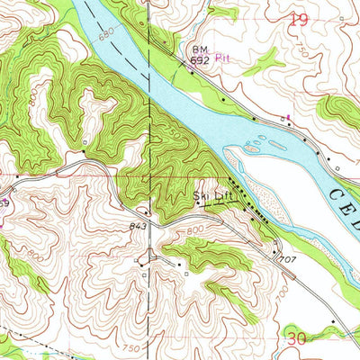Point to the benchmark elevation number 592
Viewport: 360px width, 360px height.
click(198, 60)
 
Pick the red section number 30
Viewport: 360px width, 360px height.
click(296, 337)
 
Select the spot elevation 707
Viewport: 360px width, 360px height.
click(286, 259)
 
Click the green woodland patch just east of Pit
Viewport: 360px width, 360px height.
click(264, 61)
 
